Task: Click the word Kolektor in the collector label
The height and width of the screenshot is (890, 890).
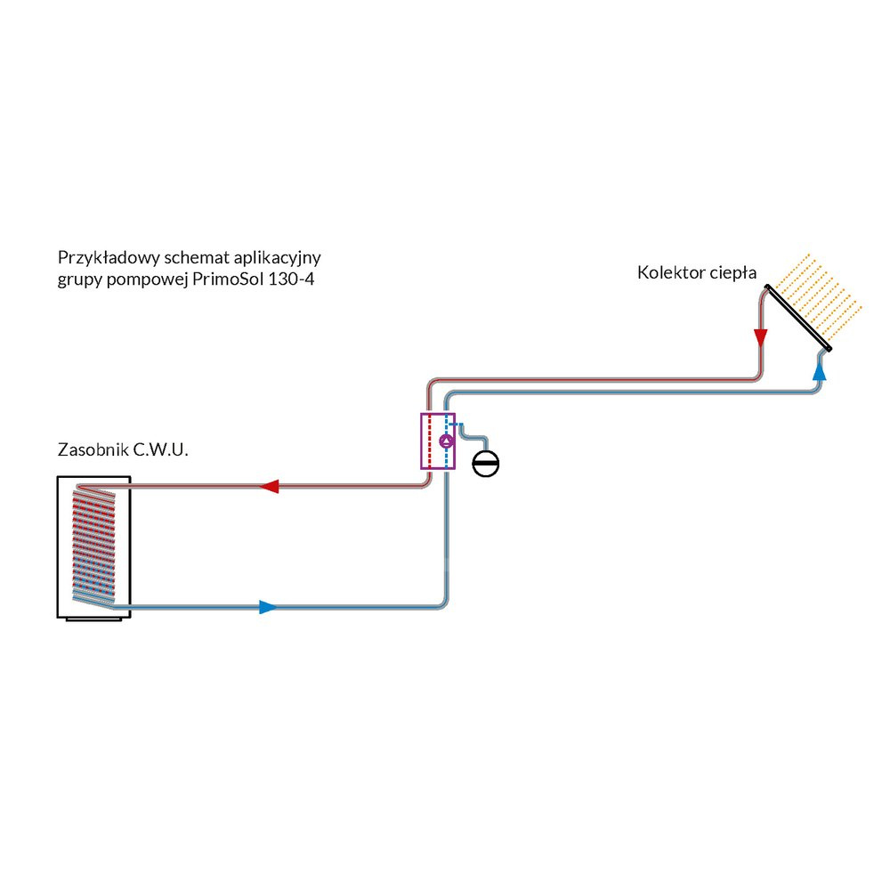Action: point(668,273)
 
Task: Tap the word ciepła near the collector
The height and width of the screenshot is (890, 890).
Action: point(732,273)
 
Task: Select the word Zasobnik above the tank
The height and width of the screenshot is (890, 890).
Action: point(93,450)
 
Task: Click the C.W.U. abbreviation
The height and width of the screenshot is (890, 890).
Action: point(161,450)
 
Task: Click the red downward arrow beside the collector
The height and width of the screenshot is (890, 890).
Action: point(760,338)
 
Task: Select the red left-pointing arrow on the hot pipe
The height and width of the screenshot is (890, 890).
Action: point(269,487)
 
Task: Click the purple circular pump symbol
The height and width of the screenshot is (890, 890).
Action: point(447,440)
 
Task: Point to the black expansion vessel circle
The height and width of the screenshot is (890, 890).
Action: point(486,464)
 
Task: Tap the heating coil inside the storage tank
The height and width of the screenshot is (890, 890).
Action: point(93,543)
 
